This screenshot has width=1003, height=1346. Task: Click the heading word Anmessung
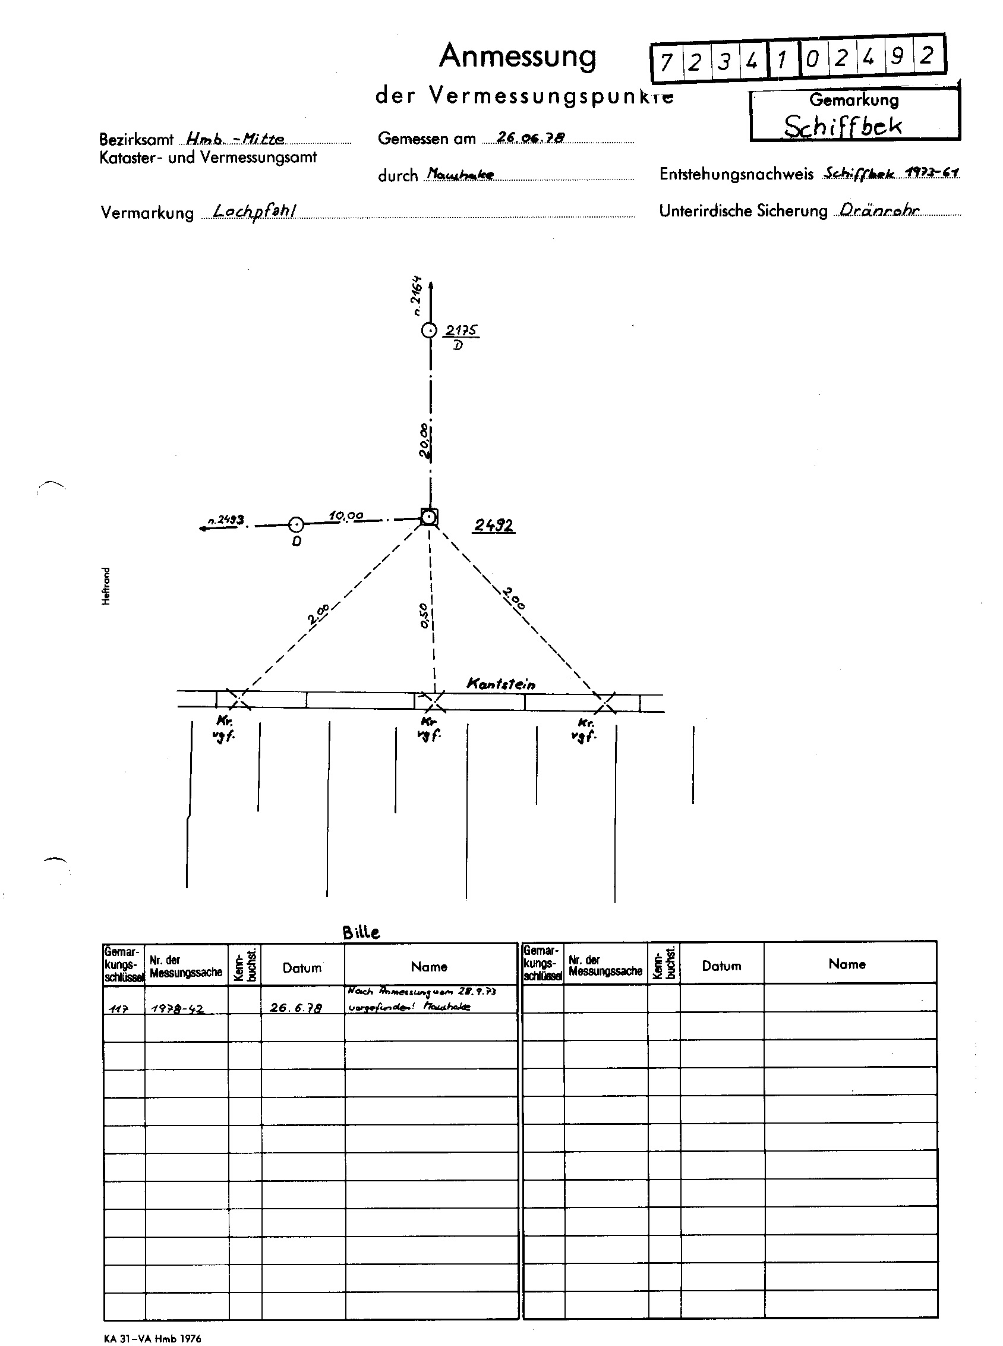(518, 57)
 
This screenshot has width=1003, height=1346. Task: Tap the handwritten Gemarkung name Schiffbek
(842, 127)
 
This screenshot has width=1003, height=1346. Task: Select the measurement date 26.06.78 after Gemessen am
(531, 138)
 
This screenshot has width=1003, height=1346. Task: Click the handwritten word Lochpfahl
(255, 211)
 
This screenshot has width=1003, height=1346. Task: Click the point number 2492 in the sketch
(494, 526)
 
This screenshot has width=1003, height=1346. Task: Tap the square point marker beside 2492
(429, 517)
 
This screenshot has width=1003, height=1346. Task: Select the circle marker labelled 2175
(429, 331)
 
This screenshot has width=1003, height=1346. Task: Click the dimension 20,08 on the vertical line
(425, 442)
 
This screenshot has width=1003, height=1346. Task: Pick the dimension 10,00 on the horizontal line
(346, 515)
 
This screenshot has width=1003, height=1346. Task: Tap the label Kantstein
(501, 684)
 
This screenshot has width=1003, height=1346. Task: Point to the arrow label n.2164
(417, 295)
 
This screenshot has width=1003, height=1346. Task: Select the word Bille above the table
(361, 932)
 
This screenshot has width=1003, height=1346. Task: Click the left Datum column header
(302, 968)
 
